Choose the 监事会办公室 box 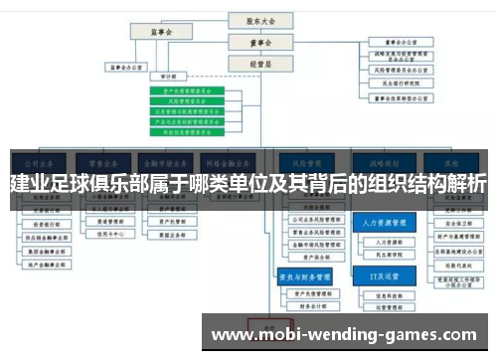pos(128,69)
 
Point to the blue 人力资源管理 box pos(384,225)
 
